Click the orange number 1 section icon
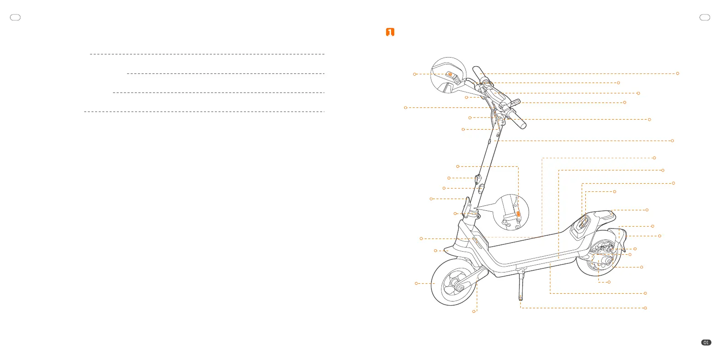390,32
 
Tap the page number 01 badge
706,343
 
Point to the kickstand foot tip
520,299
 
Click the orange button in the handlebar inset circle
450,74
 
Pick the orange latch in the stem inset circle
519,214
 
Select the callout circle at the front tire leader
416,283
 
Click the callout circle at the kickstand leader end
645,308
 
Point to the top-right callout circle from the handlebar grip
677,73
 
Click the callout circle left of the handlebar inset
415,74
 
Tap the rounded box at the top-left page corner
15,18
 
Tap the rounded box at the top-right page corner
705,18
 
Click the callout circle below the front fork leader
474,311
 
